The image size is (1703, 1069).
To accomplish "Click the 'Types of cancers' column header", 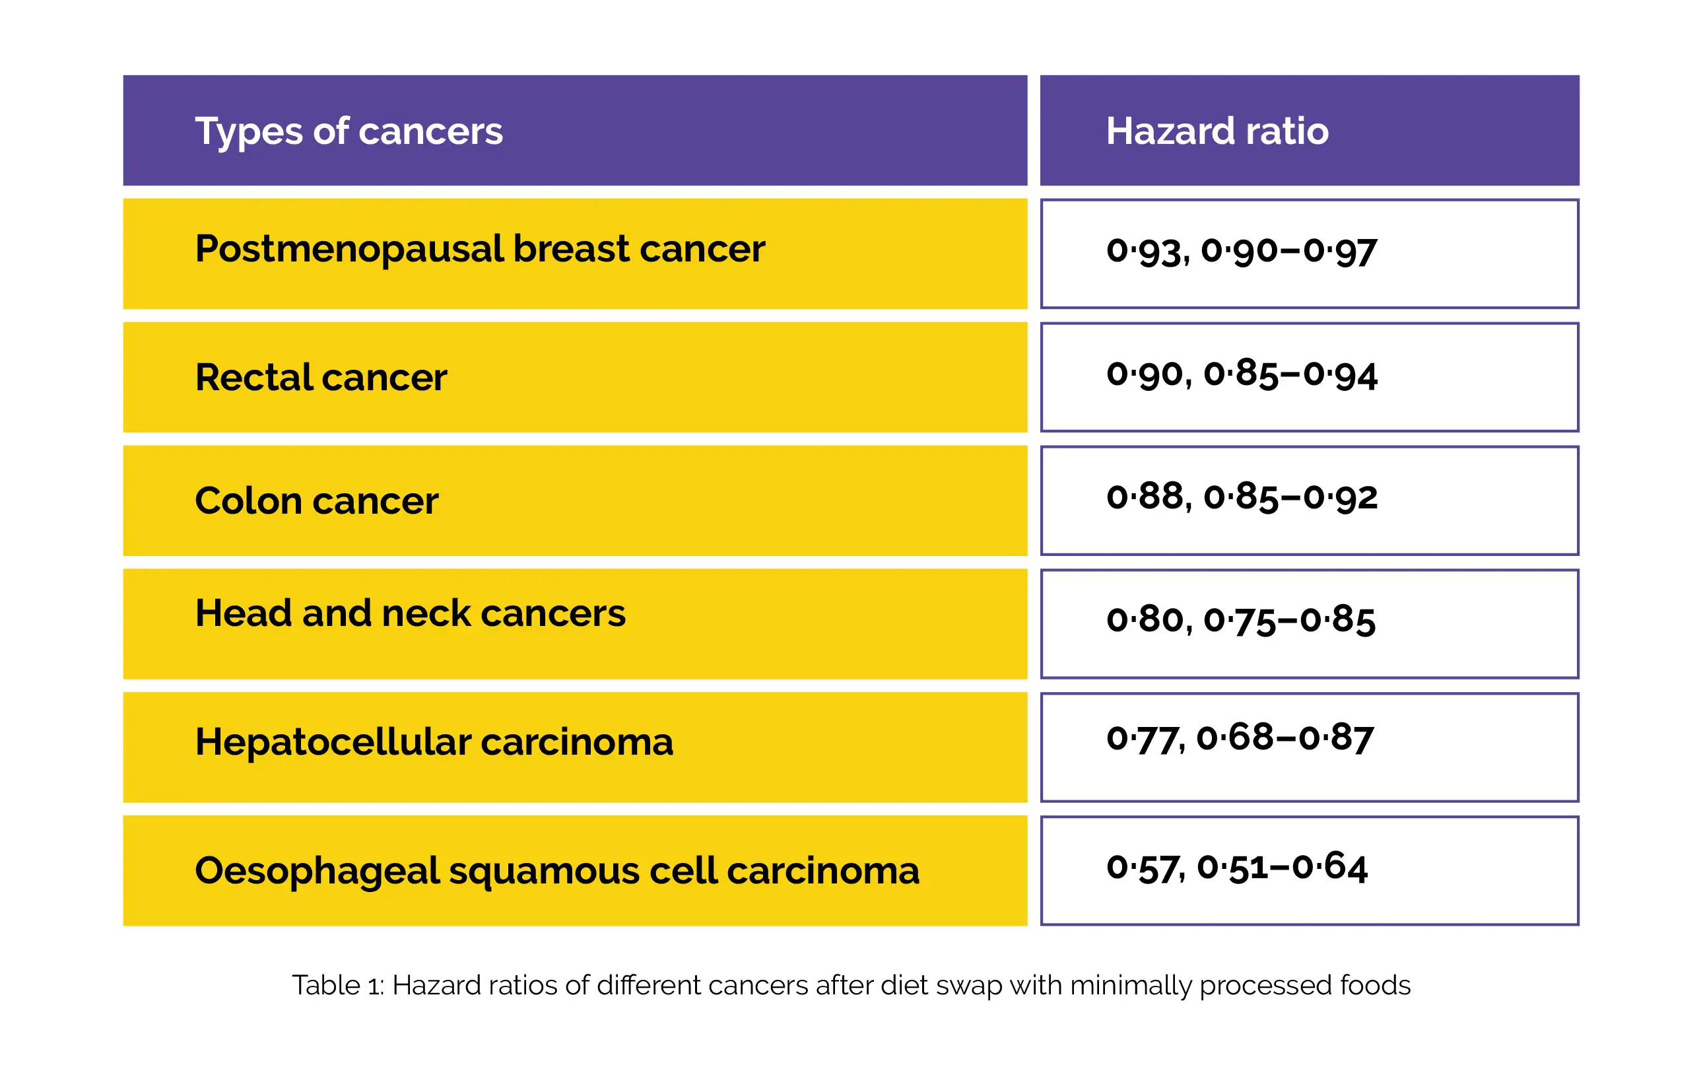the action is click(x=349, y=131).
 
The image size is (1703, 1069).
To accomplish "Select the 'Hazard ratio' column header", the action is click(x=1217, y=131).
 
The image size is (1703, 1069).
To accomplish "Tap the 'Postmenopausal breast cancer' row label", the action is click(x=480, y=250).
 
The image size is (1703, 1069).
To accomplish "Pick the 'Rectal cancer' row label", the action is click(x=321, y=377).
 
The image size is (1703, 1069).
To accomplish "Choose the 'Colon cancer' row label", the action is click(x=317, y=500).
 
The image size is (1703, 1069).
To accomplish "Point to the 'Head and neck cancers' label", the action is click(x=410, y=612).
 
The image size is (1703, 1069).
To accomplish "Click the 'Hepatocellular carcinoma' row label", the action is click(x=434, y=742).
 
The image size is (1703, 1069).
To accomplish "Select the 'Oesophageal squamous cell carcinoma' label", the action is click(x=557, y=870).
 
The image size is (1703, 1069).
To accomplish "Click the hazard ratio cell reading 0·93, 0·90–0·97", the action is click(x=1242, y=252).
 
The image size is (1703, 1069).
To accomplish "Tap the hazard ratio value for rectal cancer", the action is click(x=1242, y=375).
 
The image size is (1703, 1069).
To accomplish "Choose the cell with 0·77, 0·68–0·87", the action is click(x=1240, y=739).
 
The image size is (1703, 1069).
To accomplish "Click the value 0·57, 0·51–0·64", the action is click(x=1236, y=868).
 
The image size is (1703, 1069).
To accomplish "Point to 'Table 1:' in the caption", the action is click(x=338, y=985).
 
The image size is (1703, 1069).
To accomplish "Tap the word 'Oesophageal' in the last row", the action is click(x=317, y=872).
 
